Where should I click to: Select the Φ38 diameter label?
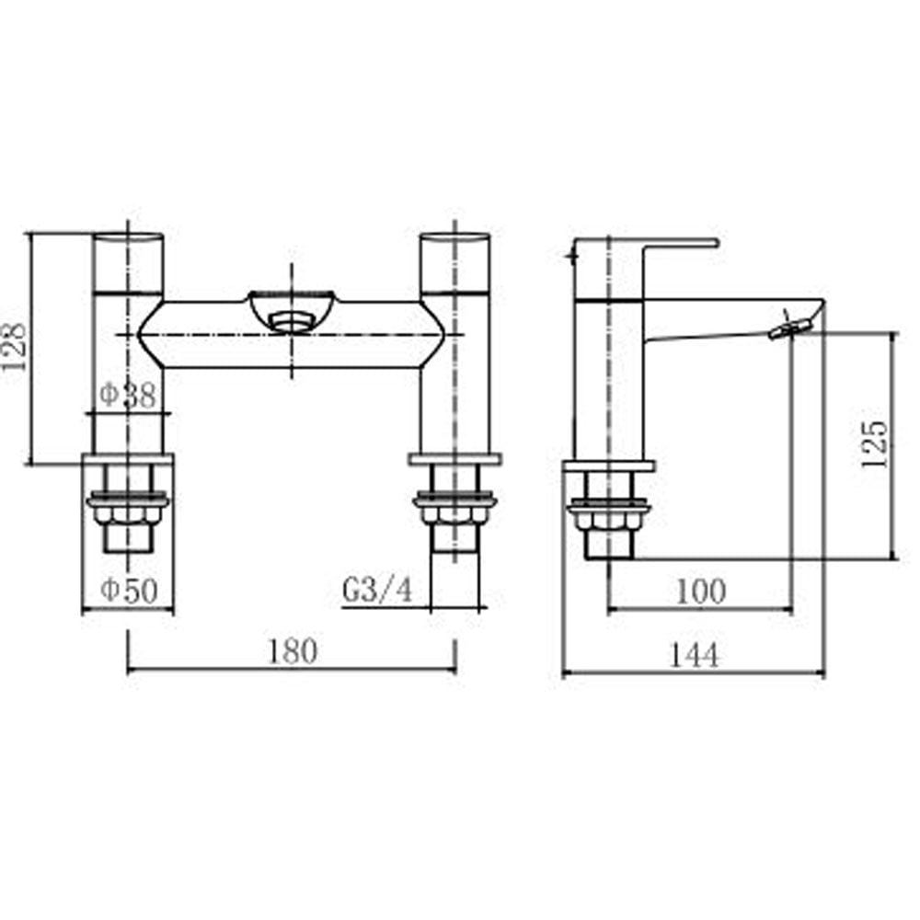point(129,397)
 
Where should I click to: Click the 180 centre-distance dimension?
point(293,651)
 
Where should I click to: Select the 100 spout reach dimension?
point(700,591)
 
